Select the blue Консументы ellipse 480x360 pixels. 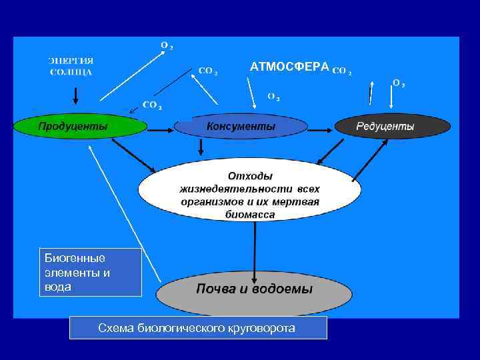pyautogui.click(x=241, y=126)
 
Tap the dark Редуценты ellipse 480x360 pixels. pyautogui.click(x=393, y=126)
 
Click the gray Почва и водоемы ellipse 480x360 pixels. pyautogui.click(x=253, y=289)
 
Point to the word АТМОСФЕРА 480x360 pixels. pyautogui.click(x=289, y=67)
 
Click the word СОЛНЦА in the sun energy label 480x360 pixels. pyautogui.click(x=71, y=71)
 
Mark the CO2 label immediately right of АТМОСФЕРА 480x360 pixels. pyautogui.click(x=341, y=69)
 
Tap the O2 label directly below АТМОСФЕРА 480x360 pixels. pyautogui.click(x=273, y=96)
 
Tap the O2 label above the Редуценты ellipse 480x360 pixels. pyautogui.click(x=399, y=84)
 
